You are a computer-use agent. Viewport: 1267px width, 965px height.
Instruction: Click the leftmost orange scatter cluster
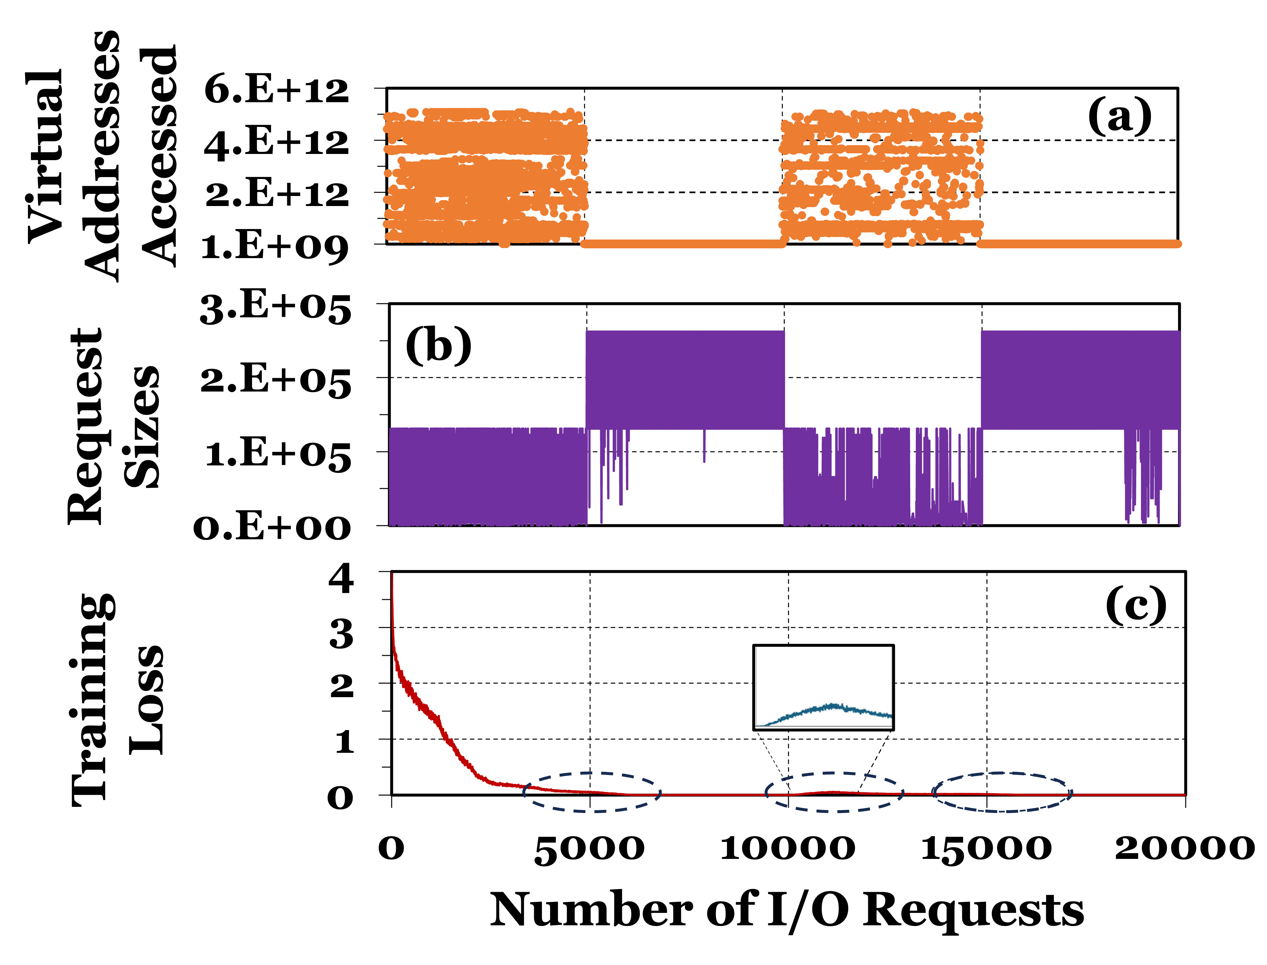click(x=485, y=175)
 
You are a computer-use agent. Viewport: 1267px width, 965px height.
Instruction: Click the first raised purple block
click(x=685, y=379)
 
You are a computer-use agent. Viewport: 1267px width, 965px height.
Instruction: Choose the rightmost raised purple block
click(x=1080, y=379)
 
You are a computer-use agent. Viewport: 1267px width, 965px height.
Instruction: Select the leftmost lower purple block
click(x=488, y=477)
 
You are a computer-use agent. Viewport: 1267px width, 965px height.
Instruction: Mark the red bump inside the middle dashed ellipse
click(x=832, y=792)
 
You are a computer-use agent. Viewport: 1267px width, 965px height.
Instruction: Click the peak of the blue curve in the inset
click(x=832, y=705)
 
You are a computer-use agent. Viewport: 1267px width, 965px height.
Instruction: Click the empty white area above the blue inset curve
click(x=823, y=669)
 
